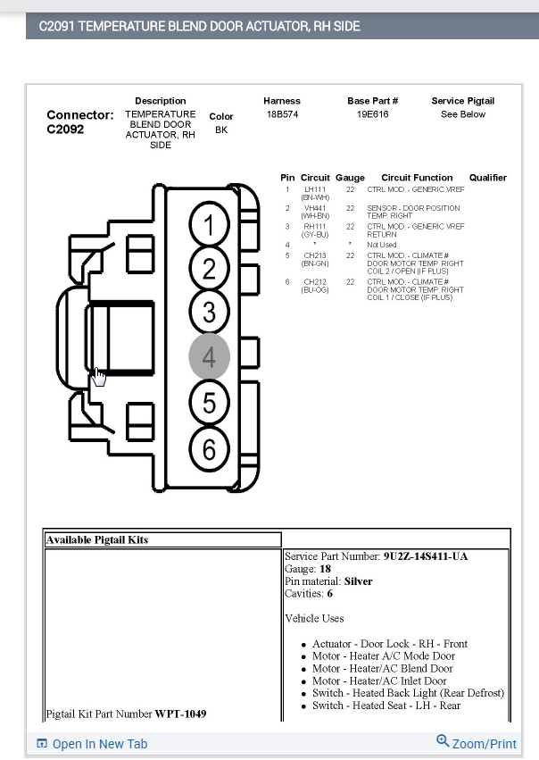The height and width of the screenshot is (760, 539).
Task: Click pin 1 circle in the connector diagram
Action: pos(209,227)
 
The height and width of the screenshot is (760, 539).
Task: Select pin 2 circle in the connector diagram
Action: pos(209,270)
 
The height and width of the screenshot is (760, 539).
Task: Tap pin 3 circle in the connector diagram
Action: pos(209,313)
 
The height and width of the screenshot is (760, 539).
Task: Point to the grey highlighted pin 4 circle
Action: pos(209,357)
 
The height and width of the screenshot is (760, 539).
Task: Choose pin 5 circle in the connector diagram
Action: pos(209,404)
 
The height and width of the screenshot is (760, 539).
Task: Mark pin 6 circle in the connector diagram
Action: pos(209,448)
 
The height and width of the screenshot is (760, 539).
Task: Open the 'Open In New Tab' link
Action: pos(92,744)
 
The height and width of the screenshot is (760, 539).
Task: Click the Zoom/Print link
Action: pos(477,743)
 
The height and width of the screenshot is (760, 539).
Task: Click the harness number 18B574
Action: pos(282,114)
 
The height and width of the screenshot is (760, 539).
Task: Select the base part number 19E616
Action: pos(372,114)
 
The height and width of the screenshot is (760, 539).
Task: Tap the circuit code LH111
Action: pos(315,189)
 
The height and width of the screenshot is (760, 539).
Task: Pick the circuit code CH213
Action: pos(315,255)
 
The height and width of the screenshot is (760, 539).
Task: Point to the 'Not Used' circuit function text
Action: pos(382,245)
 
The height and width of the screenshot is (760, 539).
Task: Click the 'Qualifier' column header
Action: pos(487,178)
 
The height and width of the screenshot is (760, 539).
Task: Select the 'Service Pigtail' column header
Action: pos(462,101)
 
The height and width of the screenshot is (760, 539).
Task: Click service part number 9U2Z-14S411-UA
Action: pos(425,556)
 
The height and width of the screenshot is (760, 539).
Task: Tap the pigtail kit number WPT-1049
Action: pos(181,714)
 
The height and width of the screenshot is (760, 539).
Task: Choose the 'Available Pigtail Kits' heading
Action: pos(97,539)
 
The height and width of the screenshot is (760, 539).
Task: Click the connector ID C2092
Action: pos(65,129)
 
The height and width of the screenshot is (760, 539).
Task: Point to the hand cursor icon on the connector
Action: pos(98,377)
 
